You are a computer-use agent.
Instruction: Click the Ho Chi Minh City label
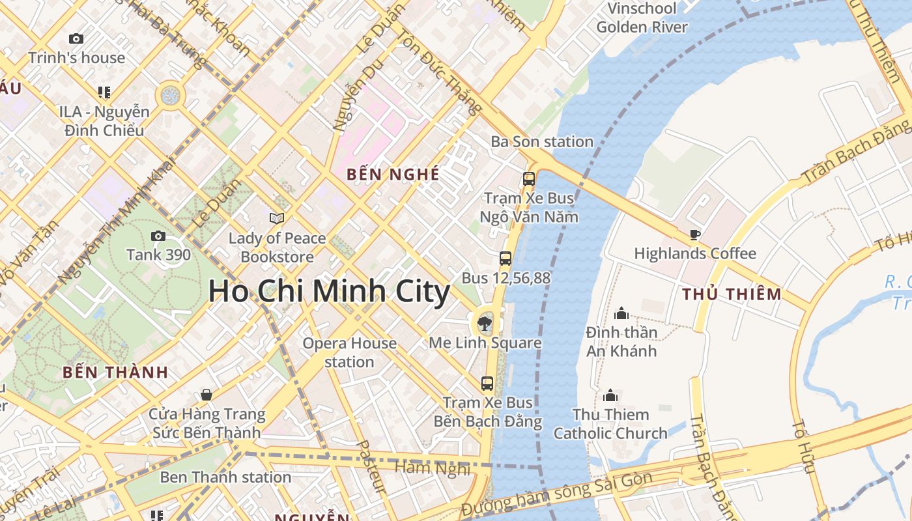tap(329, 291)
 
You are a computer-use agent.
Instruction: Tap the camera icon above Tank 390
tap(158, 236)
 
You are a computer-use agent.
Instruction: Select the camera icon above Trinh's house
tap(76, 39)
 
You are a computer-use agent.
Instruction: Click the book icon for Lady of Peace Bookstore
tap(277, 218)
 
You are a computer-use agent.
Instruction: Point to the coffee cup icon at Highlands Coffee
tap(695, 234)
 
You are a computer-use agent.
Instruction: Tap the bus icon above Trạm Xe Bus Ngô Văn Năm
tap(529, 178)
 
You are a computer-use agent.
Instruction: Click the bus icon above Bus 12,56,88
tap(506, 259)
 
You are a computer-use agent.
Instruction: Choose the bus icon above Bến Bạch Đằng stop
tap(487, 383)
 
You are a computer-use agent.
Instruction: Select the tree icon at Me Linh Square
tap(485, 322)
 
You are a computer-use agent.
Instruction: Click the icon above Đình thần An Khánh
tap(621, 313)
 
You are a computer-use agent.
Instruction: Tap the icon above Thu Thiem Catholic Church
tap(610, 395)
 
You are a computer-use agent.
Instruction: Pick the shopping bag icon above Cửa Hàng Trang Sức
tap(207, 395)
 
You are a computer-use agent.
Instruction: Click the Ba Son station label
tap(542, 141)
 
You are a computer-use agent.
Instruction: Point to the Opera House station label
tap(350, 352)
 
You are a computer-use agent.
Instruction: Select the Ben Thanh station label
tap(225, 477)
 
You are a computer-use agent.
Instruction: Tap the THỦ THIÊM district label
tap(732, 294)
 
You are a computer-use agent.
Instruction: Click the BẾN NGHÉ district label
tap(393, 175)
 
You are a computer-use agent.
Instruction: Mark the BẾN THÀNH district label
tap(115, 373)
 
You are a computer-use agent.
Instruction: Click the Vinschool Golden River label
tap(642, 18)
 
